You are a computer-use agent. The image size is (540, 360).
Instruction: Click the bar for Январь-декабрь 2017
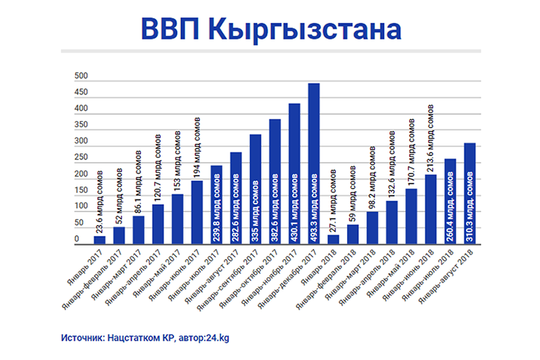314,164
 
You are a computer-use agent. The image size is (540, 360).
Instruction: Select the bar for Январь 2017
99,240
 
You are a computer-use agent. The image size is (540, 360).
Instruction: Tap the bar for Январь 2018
333,239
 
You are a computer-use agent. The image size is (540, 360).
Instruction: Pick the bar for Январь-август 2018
469,194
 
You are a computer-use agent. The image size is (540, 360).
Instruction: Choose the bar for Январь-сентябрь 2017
256,189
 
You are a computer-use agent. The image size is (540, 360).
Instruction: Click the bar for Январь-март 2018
372,228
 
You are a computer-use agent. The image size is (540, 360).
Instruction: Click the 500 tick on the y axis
81,77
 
